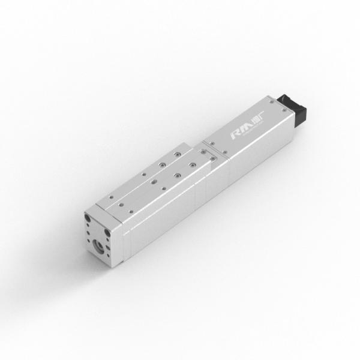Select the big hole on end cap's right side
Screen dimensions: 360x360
tap(108, 233)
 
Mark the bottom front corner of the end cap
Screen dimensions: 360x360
tap(111, 262)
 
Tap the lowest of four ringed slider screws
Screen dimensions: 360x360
tap(178, 175)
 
